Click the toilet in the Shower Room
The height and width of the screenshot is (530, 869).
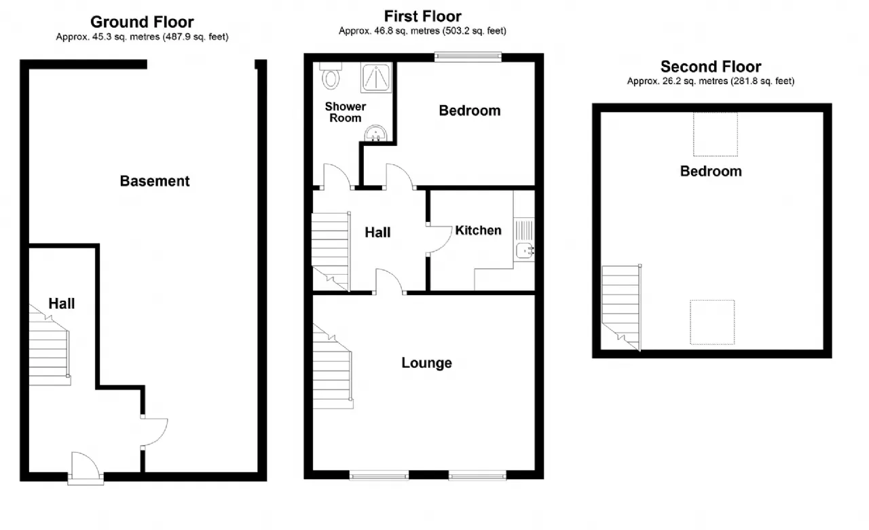click(x=331, y=75)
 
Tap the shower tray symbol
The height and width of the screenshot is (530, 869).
click(x=376, y=77)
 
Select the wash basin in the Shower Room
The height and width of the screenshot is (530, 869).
click(x=375, y=134)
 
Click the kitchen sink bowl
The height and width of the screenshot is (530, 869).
click(x=525, y=251)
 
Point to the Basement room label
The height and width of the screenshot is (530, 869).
click(x=155, y=181)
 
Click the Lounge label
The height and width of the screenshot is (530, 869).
click(x=427, y=363)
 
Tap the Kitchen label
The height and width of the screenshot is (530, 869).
click(x=479, y=230)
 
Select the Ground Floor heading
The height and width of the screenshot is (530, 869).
click(x=142, y=22)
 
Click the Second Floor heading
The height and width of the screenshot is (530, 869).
click(x=711, y=67)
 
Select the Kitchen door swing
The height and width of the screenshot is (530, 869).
click(x=439, y=240)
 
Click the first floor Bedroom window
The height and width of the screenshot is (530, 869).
click(x=468, y=57)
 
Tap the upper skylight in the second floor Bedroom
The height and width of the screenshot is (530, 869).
click(x=716, y=134)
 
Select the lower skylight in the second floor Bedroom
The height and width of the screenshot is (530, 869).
click(x=712, y=322)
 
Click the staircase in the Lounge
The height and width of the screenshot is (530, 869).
click(x=333, y=366)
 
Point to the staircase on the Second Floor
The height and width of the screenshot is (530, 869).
click(x=621, y=308)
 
